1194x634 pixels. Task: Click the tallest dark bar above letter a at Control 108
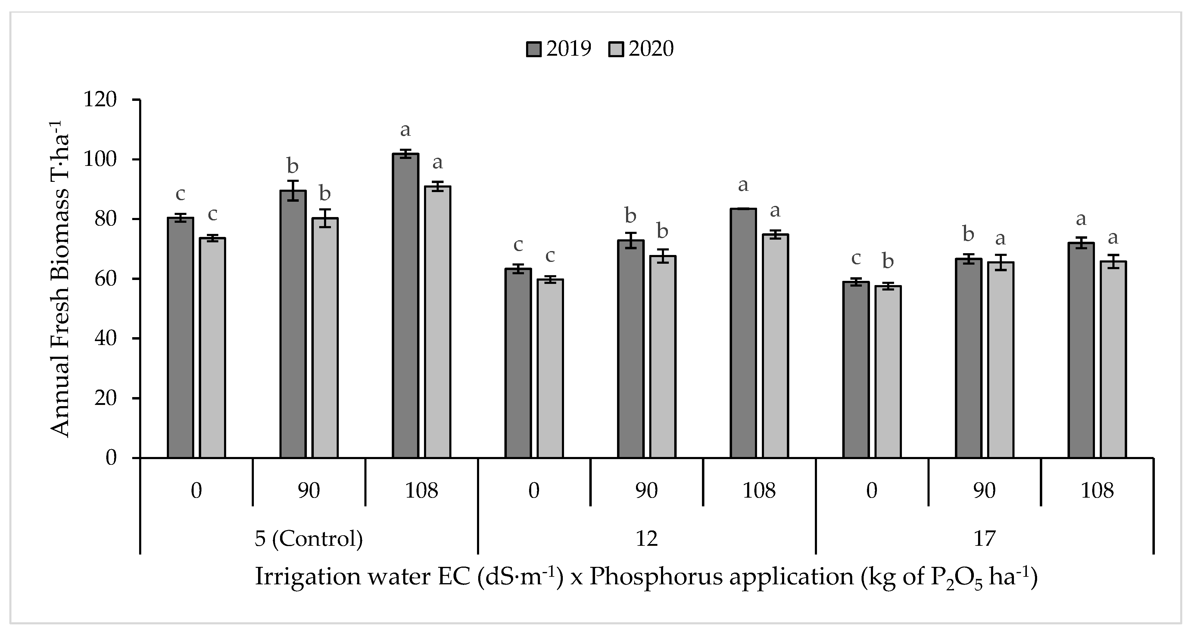[405, 306]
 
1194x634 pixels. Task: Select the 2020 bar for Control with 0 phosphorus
[212, 348]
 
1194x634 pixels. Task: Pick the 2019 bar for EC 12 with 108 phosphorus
[743, 334]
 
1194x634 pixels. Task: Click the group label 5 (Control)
[309, 539]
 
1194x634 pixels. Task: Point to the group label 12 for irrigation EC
[646, 539]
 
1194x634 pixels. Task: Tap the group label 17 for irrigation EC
[984, 539]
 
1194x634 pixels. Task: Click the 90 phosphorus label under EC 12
[646, 491]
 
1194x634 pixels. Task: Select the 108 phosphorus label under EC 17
[1097, 491]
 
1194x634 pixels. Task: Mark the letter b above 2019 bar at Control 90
[292, 166]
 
